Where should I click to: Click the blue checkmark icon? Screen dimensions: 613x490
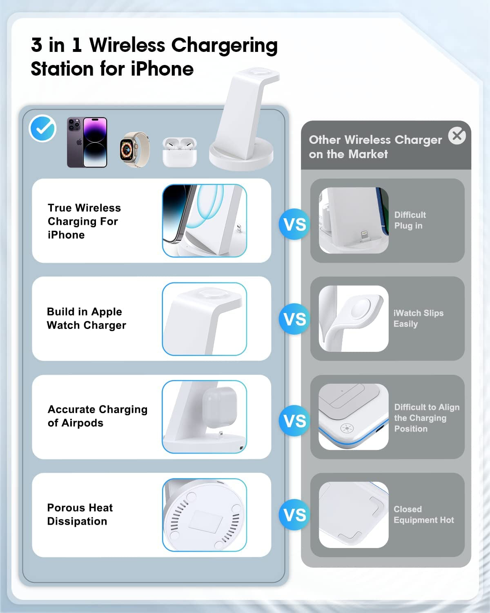[x=42, y=128]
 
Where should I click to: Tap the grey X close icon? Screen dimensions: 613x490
[x=457, y=135]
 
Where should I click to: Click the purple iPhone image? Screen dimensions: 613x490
[x=87, y=142]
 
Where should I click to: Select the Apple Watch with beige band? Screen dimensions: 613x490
[x=134, y=150]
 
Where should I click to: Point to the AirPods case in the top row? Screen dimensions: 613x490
[x=180, y=152]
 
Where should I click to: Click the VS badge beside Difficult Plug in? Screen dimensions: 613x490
[x=294, y=224]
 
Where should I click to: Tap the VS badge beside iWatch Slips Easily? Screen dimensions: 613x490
[x=294, y=319]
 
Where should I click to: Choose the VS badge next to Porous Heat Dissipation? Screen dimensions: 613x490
[x=294, y=515]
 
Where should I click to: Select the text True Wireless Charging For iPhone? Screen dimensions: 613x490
[x=84, y=221]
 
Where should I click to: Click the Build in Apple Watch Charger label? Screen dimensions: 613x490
[x=86, y=318]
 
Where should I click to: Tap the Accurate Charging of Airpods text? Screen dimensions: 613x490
[x=97, y=416]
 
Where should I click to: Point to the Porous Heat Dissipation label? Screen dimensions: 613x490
[x=80, y=515]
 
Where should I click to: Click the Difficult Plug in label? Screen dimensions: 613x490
[x=410, y=220]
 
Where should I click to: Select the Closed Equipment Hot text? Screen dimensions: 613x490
[x=423, y=515]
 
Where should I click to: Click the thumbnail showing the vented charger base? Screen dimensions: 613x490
[x=204, y=515]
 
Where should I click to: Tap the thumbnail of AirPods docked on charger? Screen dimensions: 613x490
[x=204, y=417]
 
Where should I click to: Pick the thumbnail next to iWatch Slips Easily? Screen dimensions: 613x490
[x=353, y=319]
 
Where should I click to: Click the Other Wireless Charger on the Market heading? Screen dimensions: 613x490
[x=375, y=147]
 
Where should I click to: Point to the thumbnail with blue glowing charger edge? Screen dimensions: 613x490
[x=353, y=417]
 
